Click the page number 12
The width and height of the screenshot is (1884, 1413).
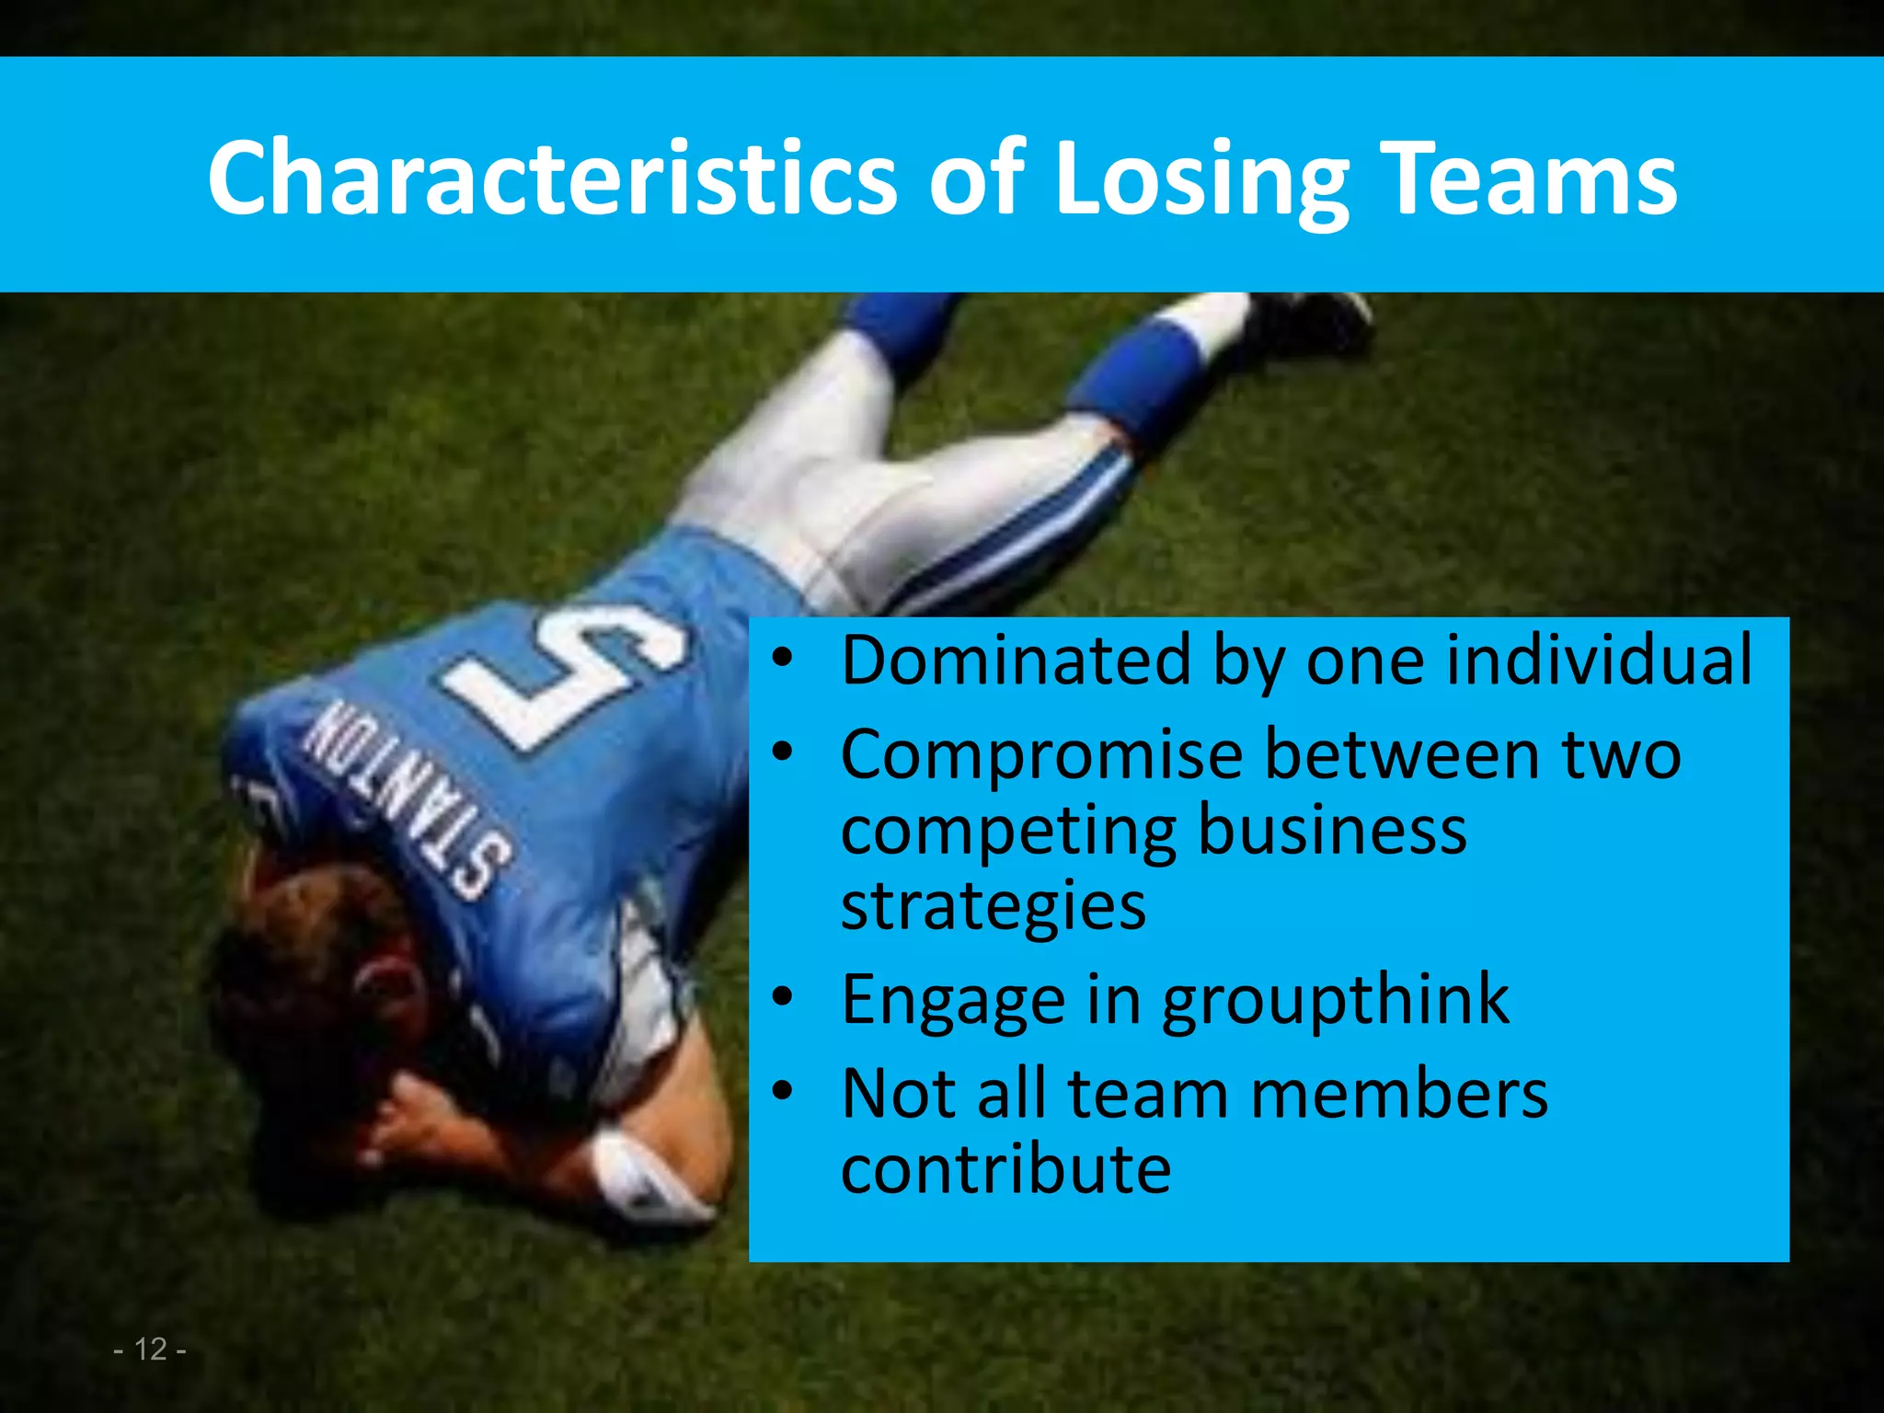pos(150,1349)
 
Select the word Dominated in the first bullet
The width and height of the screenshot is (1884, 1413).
pos(1016,660)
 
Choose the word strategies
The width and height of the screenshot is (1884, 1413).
pos(994,906)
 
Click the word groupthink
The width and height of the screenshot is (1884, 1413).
pos(1335,1000)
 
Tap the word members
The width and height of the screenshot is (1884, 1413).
pos(1399,1094)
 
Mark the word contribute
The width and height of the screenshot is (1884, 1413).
pos(1005,1169)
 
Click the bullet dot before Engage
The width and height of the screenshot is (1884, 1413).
pos(782,997)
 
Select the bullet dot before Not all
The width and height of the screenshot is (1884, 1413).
pos(782,1091)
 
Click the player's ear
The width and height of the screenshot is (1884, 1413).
pos(386,989)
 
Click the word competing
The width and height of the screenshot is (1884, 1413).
pos(1008,830)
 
